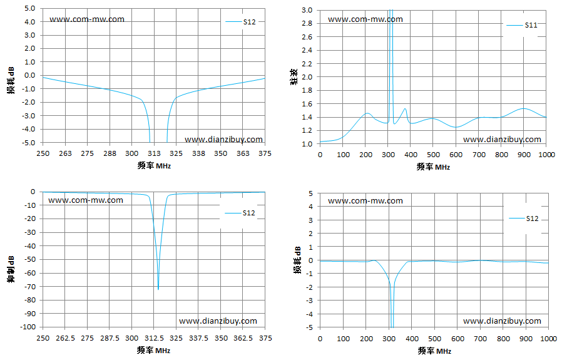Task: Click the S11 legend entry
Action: tap(522, 25)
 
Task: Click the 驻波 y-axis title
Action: tap(294, 76)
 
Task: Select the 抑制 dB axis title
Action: tap(11, 269)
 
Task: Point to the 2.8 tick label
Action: tap(307, 23)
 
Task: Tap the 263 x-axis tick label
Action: tap(65, 153)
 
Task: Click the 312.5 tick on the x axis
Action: tap(154, 338)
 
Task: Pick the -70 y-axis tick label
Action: tap(30, 287)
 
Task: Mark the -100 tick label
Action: tap(29, 327)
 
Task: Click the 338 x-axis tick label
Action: tap(198, 153)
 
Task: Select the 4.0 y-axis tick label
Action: tap(30, 22)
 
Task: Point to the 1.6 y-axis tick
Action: tap(307, 104)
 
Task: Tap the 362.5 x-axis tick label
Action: tap(243, 338)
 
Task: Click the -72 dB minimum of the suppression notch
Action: tap(158, 289)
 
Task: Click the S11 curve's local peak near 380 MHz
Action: tap(405, 109)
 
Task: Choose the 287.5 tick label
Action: tap(110, 338)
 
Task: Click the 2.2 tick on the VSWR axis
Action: tap(307, 64)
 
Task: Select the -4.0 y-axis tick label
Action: tap(29, 129)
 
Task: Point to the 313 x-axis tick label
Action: tap(154, 153)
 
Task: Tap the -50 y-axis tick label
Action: tap(30, 259)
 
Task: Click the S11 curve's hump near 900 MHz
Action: tap(524, 108)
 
